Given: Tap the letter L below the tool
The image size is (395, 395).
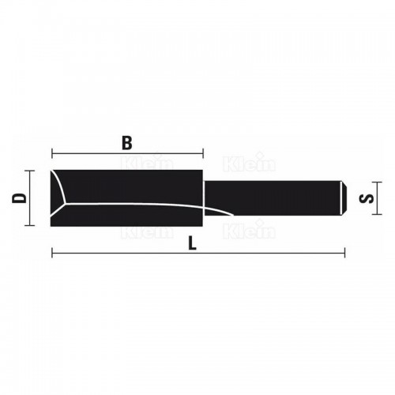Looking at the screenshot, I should coord(195,244).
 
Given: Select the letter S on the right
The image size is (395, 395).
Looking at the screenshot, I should coord(364,197).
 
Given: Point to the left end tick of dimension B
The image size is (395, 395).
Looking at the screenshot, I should coord(51,153).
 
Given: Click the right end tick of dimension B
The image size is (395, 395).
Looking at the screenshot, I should coord(204,153).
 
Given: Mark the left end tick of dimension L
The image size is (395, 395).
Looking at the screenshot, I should coord(51,254).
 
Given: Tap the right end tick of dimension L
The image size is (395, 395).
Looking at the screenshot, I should coord(345,254).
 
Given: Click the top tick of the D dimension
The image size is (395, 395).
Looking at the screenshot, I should coord(30,170).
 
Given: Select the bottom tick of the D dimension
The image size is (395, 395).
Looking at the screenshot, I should coord(30,225).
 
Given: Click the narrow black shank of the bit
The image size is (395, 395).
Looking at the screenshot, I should coord(276,197).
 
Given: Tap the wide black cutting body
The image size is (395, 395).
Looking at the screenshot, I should coord(134,186).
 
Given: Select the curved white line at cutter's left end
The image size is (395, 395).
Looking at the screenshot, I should coord(61,190).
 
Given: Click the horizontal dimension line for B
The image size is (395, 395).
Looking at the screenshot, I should coord(95,153).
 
